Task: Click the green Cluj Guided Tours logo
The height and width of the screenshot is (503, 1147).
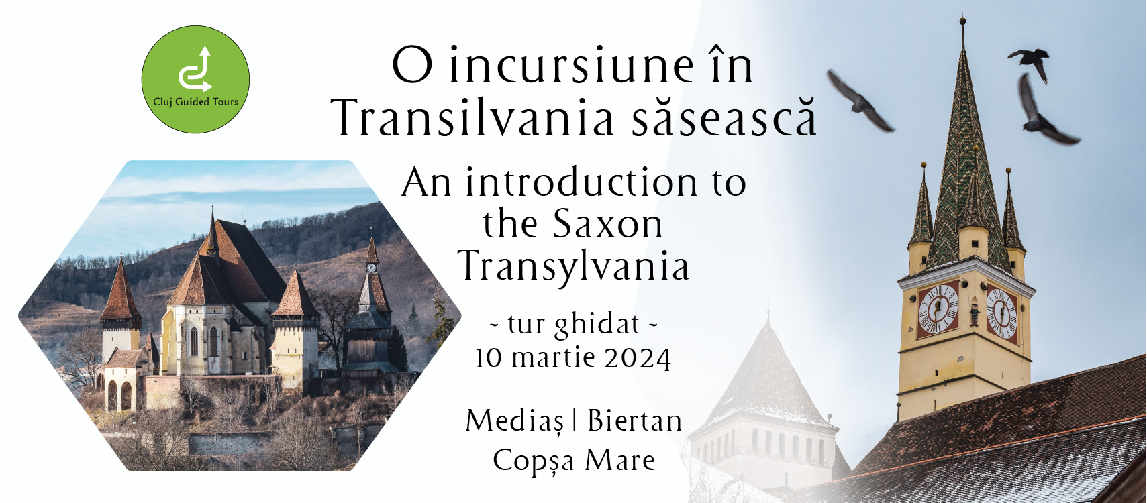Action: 195,80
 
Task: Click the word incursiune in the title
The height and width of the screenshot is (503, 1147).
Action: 570,66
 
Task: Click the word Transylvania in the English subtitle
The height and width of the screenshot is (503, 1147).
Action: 573,267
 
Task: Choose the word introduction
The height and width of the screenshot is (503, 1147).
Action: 581,182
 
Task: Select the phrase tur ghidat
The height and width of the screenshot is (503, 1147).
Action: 573,324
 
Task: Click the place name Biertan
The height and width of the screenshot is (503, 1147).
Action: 634,421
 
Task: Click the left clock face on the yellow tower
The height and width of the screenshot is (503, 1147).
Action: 938,309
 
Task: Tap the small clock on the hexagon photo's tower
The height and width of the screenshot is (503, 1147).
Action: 371,268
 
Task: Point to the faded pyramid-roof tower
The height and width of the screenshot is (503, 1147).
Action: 766,404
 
